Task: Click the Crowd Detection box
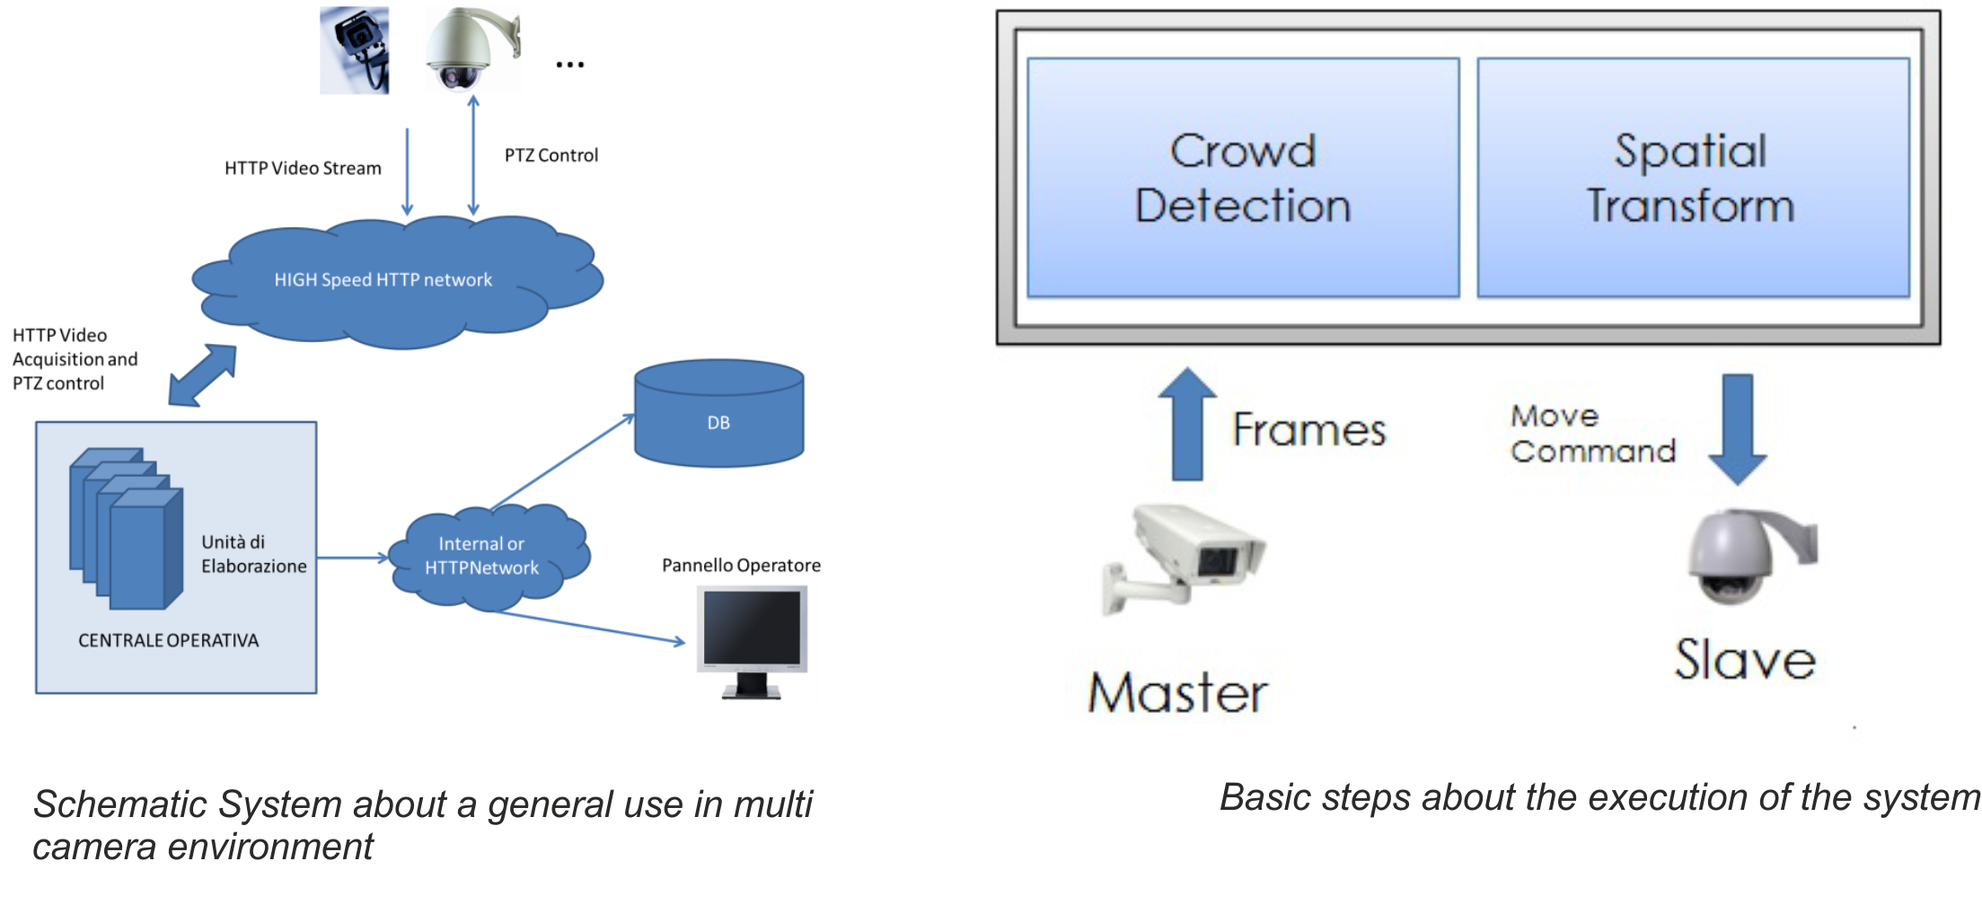[1243, 178]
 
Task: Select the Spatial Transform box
[1692, 178]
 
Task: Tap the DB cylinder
[718, 414]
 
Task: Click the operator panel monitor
[753, 639]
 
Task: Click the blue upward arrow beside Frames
[1187, 424]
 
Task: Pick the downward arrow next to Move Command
[1737, 429]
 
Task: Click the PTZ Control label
[551, 155]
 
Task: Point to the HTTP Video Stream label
[303, 168]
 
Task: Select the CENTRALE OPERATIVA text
[168, 640]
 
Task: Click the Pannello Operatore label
[741, 566]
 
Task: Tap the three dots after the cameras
[569, 64]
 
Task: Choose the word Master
[1177, 693]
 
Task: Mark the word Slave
[1744, 660]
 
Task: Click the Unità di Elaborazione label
[253, 554]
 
